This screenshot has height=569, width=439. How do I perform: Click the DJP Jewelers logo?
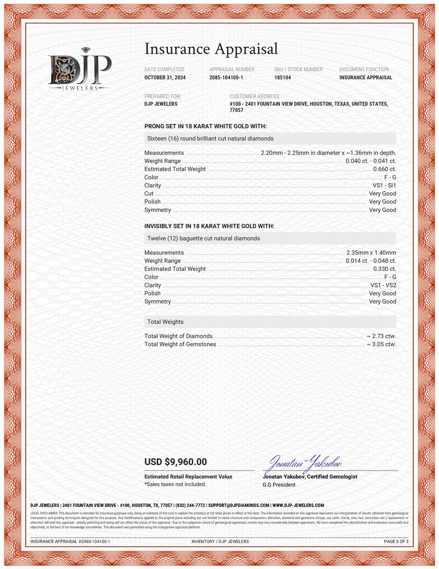click(x=79, y=69)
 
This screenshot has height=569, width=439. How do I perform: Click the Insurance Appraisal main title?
click(x=211, y=49)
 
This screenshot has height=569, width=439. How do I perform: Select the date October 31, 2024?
click(x=165, y=77)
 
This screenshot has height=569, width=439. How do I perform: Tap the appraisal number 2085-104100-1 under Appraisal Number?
click(x=226, y=77)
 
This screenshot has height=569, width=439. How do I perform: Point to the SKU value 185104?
click(x=282, y=77)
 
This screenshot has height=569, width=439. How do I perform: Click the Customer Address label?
click(x=255, y=96)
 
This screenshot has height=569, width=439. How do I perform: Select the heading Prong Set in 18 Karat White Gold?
click(x=205, y=126)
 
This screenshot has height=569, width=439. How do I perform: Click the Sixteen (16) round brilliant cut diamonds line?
click(x=210, y=139)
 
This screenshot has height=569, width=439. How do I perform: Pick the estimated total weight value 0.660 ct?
click(x=385, y=169)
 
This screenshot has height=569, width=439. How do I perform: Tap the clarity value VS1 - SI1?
click(x=384, y=186)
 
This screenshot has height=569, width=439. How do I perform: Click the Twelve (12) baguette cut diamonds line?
click(x=203, y=238)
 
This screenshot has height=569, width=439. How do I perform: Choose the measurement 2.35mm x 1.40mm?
click(x=371, y=253)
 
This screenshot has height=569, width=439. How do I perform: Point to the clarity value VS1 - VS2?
click(x=383, y=285)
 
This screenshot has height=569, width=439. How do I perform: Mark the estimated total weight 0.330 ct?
click(x=385, y=269)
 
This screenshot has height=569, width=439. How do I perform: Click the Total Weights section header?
click(x=166, y=322)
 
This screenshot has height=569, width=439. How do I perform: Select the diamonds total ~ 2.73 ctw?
click(x=381, y=336)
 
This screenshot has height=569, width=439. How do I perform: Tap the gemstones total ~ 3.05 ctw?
click(x=381, y=344)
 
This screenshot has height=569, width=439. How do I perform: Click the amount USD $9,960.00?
click(x=176, y=462)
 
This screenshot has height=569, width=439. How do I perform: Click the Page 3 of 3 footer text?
click(x=396, y=541)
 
